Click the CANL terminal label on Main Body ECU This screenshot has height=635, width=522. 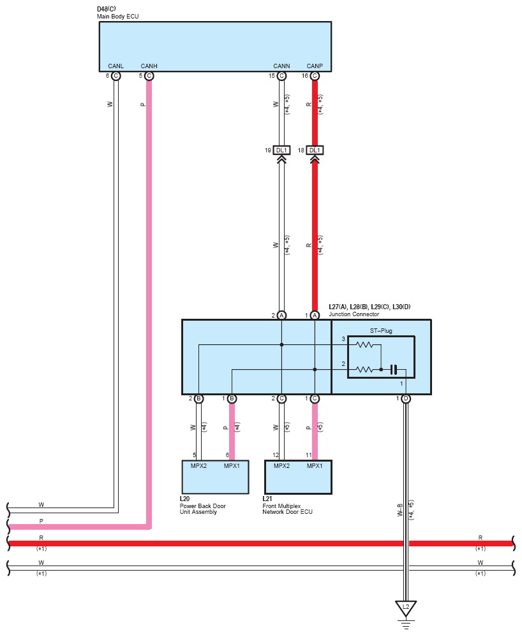[116, 66]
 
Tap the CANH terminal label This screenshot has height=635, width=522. [149, 66]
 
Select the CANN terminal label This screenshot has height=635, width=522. [281, 66]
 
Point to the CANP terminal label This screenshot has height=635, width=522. [315, 66]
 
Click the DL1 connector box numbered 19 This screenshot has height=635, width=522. [281, 150]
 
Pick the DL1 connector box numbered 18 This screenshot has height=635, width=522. [315, 150]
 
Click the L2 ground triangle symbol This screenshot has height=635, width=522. [406, 608]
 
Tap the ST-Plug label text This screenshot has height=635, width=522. [381, 331]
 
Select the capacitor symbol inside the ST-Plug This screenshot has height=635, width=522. [393, 370]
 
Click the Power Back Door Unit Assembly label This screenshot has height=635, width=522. [203, 509]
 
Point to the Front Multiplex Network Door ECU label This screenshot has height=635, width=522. [287, 509]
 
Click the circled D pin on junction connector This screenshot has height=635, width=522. [406, 399]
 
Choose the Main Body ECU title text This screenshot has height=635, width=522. [117, 17]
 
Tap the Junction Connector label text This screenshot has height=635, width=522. [354, 314]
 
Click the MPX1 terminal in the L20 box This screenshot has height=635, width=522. [232, 466]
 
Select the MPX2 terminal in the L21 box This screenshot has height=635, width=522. [281, 466]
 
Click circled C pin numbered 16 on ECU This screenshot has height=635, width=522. [315, 76]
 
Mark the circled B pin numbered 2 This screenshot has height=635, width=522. [198, 399]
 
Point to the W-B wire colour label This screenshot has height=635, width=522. [400, 510]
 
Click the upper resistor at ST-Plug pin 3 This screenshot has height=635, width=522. [364, 345]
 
